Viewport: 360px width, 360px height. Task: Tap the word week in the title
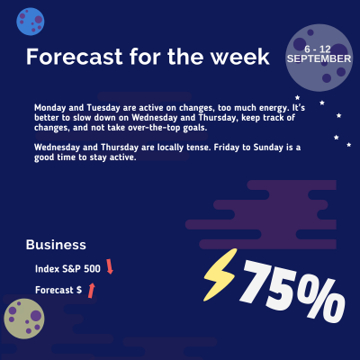238,57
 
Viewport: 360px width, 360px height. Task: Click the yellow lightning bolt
220,274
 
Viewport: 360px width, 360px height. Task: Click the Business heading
56,244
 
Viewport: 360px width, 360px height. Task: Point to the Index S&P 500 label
67,268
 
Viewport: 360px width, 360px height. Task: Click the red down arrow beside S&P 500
110,266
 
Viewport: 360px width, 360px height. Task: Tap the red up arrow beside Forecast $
91,290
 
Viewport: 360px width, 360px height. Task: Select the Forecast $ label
58,291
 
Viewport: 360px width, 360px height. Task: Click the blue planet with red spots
31,16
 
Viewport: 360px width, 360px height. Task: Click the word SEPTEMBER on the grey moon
319,58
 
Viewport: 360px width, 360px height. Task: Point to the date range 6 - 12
319,46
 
